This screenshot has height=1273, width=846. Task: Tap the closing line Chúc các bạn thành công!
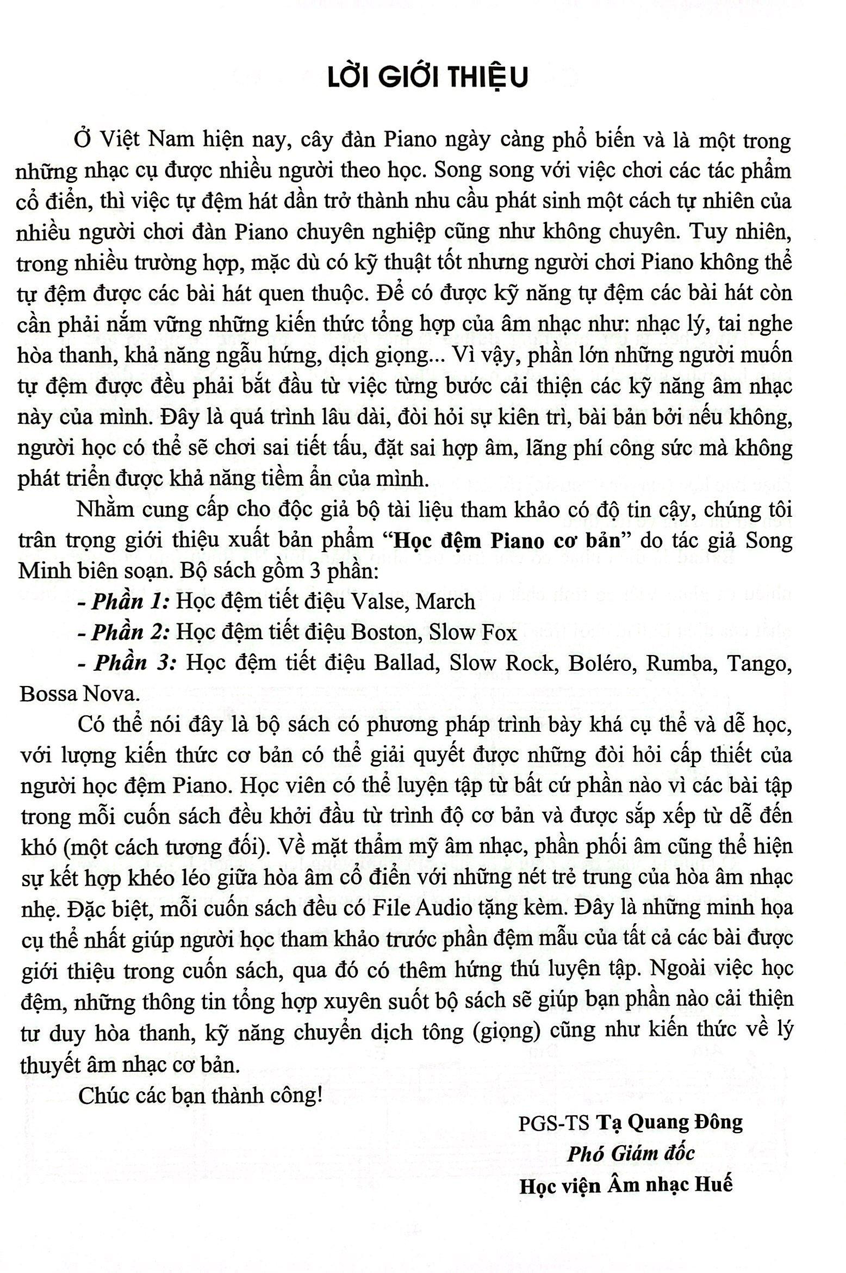[x=200, y=1091]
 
